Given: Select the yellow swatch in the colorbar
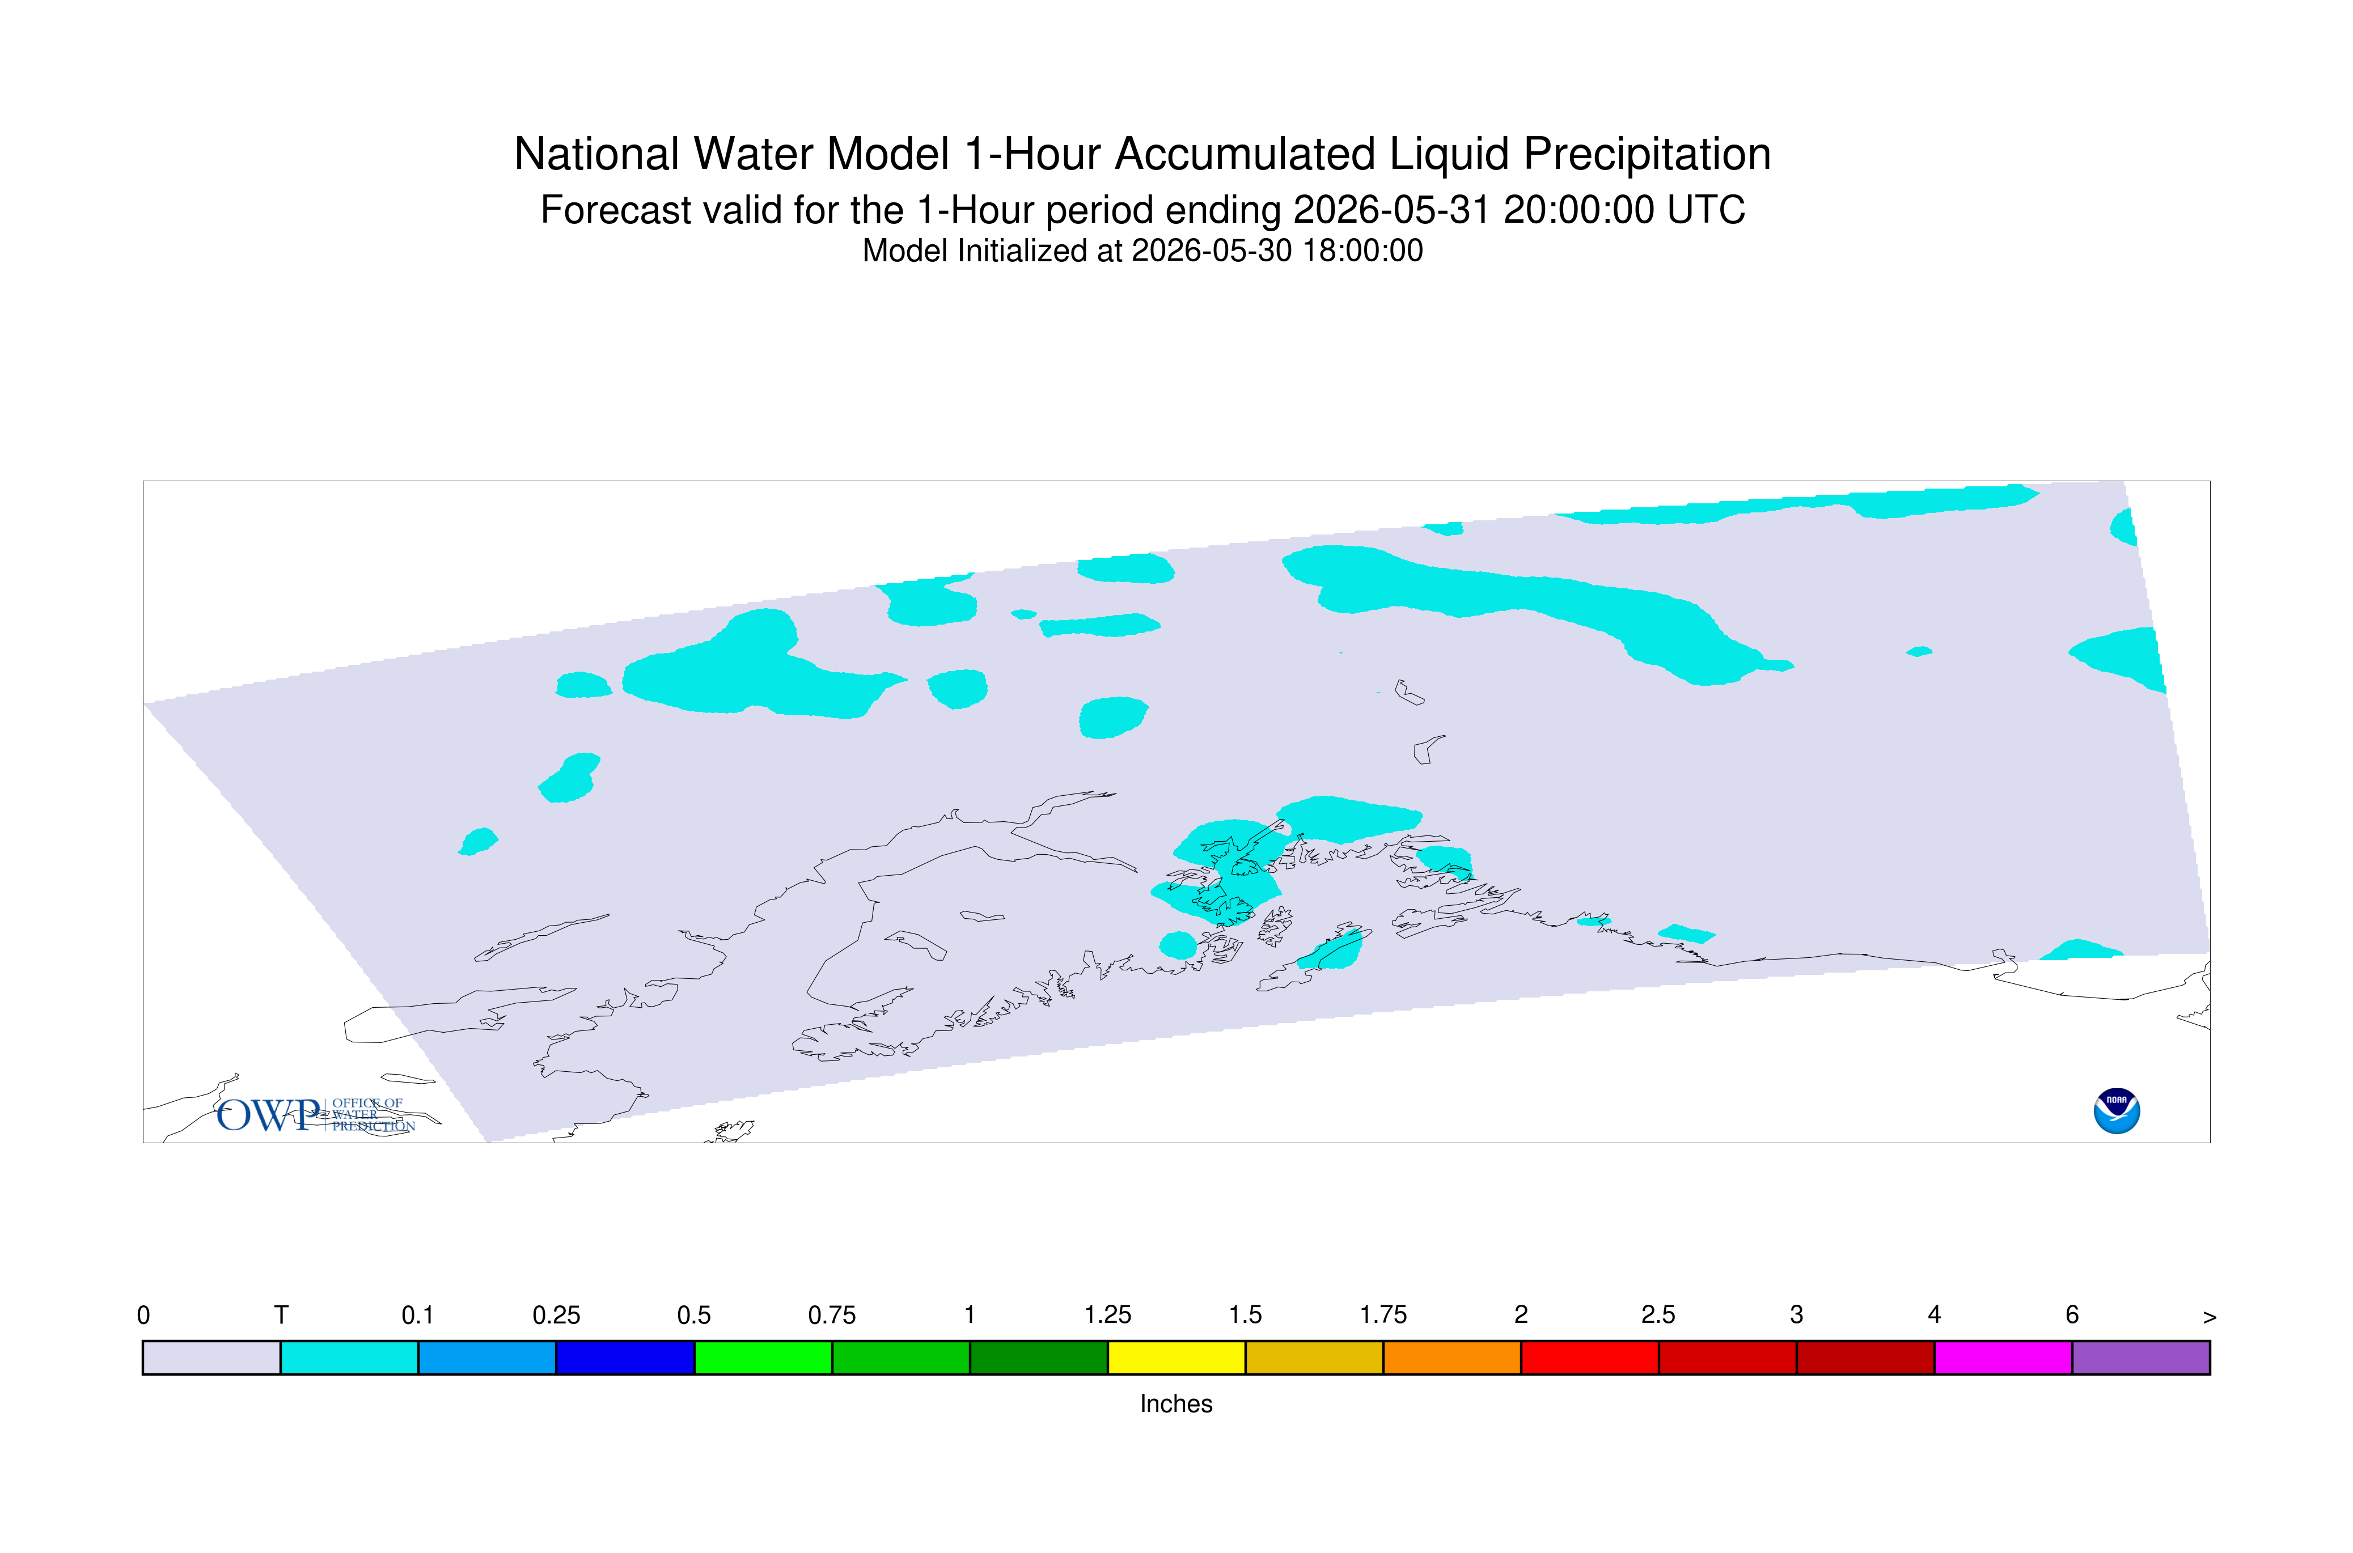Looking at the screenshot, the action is [x=1176, y=1358].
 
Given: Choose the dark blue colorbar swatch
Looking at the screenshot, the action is [x=625, y=1358].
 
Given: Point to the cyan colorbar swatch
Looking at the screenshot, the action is [x=350, y=1358].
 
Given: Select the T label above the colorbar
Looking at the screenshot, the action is [x=281, y=1316].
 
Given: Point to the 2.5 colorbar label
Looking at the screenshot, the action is [x=1658, y=1316].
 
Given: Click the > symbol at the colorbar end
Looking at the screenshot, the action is [x=2210, y=1317].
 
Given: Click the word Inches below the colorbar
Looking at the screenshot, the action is [x=1176, y=1403].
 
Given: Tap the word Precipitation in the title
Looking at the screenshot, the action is [x=1647, y=155].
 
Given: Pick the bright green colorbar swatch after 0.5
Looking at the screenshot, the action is [x=763, y=1358].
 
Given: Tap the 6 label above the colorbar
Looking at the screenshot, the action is [x=2072, y=1316].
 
